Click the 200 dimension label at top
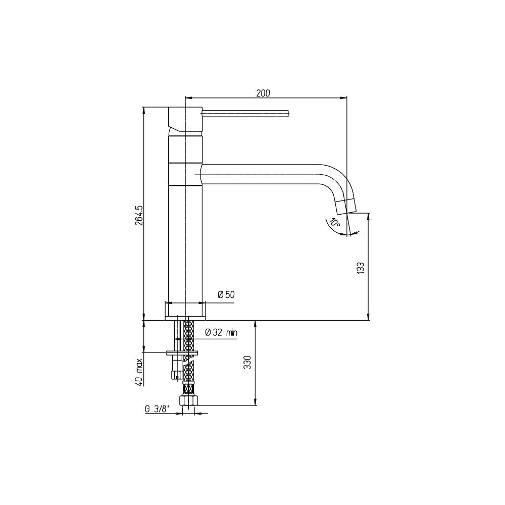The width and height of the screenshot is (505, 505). point(263,93)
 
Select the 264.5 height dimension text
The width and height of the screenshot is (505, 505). point(139,215)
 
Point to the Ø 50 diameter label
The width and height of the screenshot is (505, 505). point(226,294)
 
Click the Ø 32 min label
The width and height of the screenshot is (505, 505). point(221,332)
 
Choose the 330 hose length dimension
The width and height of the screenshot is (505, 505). point(247,362)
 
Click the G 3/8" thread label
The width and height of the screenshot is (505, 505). point(157,409)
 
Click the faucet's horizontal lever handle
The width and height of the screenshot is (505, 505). point(246,113)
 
